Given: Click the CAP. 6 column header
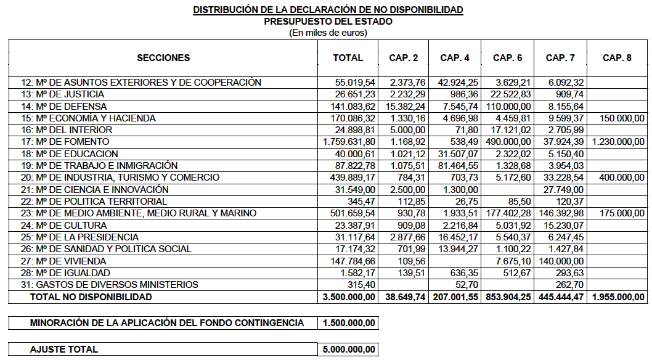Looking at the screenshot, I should (507, 58).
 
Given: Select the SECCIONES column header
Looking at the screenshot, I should (163, 58).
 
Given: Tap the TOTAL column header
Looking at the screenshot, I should (348, 58).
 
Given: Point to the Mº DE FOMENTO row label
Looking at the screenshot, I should (61, 142).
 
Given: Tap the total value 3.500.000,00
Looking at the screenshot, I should (349, 297).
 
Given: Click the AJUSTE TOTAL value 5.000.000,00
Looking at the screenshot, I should (349, 350).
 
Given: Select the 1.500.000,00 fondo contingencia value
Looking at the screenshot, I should (349, 323).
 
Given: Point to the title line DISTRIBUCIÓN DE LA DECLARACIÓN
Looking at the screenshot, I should (328, 10).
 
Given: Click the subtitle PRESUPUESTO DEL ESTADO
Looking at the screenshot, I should (328, 21).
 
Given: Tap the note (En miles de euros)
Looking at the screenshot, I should (328, 32).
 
